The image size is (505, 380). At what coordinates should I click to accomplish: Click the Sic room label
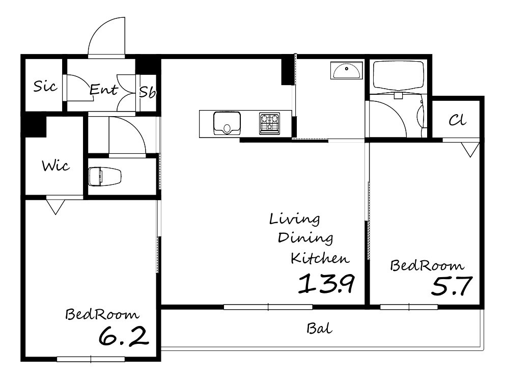coord(45,86)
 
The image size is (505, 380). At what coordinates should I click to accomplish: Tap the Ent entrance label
coord(103,89)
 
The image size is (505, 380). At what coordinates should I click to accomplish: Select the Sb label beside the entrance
coord(147,92)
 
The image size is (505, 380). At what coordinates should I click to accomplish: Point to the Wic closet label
coord(55,166)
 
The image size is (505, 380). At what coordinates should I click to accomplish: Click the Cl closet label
coord(457,120)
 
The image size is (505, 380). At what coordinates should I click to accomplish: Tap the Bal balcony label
coord(319,329)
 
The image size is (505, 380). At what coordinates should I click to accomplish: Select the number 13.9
coord(326,283)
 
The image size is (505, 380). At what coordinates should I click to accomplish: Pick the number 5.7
coord(452,286)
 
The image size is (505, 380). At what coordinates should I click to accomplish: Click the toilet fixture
coord(105,176)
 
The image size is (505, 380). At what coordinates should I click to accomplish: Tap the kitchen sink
coord(227,123)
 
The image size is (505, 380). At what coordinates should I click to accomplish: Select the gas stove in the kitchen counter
coord(270,123)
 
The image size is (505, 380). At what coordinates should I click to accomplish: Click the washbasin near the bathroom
coord(347,71)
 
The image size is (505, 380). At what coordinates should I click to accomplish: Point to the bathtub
coord(398,76)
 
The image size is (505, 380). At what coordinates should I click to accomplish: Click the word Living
coord(294,220)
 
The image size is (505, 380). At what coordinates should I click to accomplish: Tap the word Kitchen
coord(320,258)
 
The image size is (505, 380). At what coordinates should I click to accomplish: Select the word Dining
coord(305,238)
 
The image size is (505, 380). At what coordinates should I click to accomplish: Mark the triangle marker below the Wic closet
coord(55,207)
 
